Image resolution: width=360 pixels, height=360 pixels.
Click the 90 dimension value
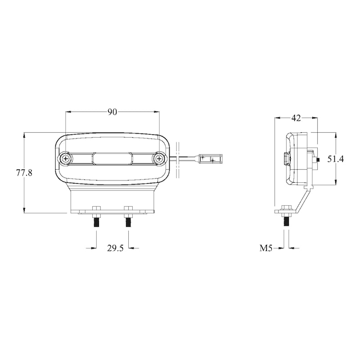[112, 112]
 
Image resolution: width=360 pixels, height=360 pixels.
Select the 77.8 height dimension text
[24, 172]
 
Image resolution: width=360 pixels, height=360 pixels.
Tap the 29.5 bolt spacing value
[115, 248]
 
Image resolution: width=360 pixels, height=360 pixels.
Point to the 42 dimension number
[296, 118]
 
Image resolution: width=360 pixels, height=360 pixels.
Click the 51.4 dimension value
[335, 159]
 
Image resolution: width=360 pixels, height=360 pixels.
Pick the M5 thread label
[266, 248]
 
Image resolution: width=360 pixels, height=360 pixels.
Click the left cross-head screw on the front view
[66, 158]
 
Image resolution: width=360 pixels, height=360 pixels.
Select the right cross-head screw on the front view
[159, 158]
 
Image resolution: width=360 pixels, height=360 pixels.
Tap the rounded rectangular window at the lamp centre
[112, 159]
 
